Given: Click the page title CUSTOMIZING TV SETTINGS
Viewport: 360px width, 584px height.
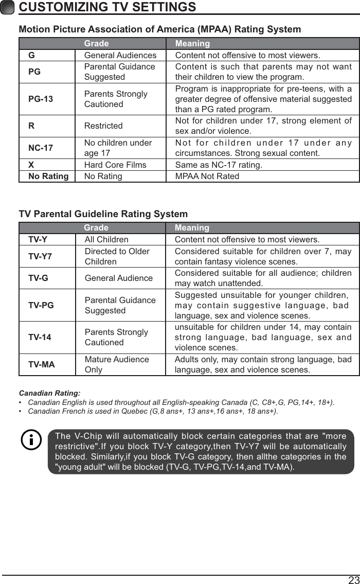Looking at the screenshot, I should (x=107, y=7).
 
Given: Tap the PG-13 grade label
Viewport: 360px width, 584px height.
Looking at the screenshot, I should (x=41, y=99).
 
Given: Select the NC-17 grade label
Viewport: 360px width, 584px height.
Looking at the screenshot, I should (x=41, y=148).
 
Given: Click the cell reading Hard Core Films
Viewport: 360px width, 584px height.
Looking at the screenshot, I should (x=115, y=165).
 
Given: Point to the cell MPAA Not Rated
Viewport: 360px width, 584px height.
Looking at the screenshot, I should (x=207, y=176).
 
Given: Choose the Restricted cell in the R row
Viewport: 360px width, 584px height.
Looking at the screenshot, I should (x=103, y=126).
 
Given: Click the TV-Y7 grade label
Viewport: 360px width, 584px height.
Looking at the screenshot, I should (x=40, y=256).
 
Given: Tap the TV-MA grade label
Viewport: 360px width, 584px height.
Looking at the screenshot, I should (x=42, y=365).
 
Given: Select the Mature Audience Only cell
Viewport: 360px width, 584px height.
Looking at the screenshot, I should (x=117, y=364).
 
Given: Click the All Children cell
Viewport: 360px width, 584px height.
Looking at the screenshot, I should (x=106, y=240).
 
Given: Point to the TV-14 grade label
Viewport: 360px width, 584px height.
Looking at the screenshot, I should (x=40, y=338).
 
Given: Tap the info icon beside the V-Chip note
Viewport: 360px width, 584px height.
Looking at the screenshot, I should (x=31, y=440).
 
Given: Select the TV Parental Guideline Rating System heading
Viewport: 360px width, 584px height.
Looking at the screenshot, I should (x=103, y=214).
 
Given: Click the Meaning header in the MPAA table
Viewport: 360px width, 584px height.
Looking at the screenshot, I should (x=192, y=44).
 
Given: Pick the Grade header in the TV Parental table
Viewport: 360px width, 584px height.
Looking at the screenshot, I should (x=96, y=228).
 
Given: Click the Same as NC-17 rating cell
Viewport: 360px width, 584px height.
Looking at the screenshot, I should (x=219, y=165).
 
